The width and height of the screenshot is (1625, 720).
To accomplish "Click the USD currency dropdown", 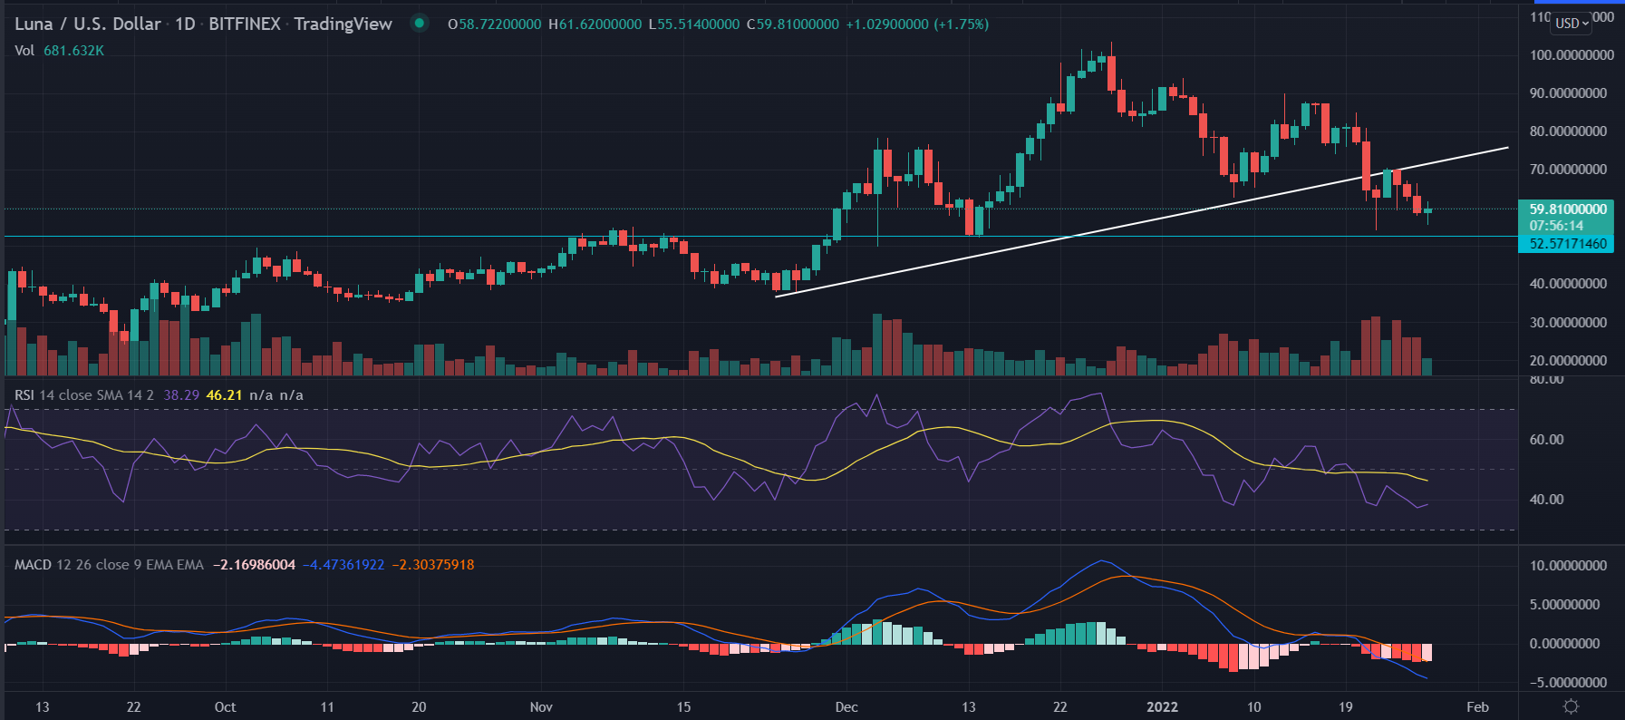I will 1572,23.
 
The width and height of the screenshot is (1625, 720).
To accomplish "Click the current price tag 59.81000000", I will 1567,209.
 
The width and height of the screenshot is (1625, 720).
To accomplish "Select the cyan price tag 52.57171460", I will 1567,244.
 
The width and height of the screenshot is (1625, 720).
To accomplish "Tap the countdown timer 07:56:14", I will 1556,226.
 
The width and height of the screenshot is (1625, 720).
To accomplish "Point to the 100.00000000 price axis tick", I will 1571,55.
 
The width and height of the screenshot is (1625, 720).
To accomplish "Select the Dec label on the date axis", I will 846,707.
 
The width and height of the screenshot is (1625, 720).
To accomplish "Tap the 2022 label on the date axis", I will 1162,707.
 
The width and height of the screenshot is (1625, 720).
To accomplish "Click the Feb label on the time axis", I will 1477,707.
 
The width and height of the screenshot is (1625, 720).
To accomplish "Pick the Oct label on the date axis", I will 225,707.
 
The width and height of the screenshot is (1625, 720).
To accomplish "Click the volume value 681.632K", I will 73,51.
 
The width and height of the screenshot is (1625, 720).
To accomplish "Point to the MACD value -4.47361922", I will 343,565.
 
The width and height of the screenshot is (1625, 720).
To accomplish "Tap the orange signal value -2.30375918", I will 433,565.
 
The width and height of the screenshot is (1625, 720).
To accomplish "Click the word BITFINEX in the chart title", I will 245,24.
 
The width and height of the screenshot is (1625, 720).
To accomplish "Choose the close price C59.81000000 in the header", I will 792,24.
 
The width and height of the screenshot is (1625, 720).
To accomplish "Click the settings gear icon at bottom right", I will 1572,706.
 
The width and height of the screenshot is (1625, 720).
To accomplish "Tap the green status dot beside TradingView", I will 420,24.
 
